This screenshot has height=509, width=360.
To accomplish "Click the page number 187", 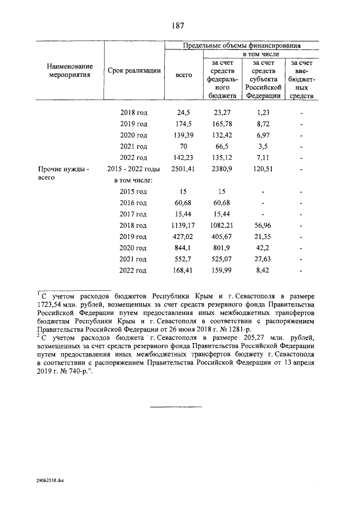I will coord(179,25).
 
